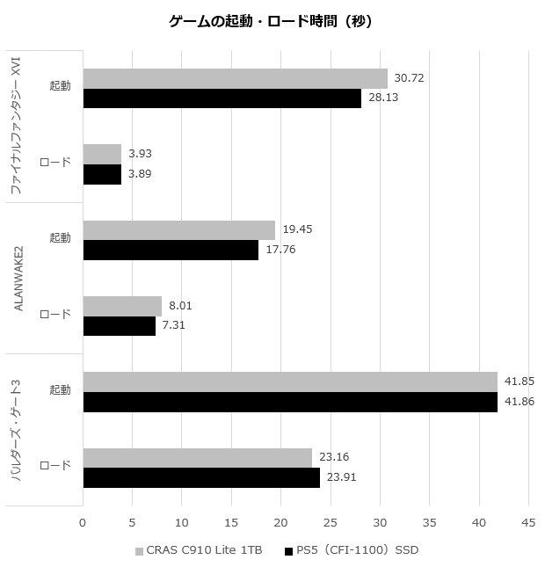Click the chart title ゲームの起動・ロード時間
(271, 22)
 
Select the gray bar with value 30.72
(235, 78)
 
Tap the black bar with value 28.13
(222, 98)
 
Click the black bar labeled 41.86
(290, 402)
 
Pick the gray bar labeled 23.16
(197, 458)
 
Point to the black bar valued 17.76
(171, 250)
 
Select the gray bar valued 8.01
(122, 306)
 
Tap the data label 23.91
(342, 478)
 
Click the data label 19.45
(298, 229)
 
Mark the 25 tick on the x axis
(331, 522)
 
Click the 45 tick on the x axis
(528, 522)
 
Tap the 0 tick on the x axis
(83, 522)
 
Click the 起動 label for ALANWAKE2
(60, 238)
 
